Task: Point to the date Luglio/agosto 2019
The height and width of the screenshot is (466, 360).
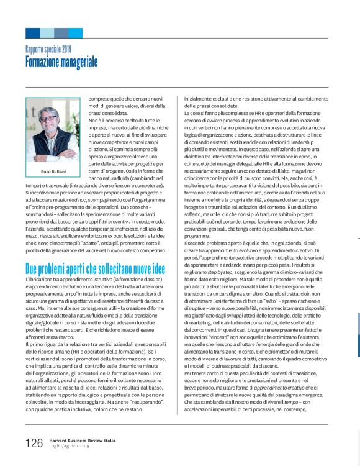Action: coord(70,446)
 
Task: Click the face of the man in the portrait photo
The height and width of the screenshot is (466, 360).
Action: coord(52,119)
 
